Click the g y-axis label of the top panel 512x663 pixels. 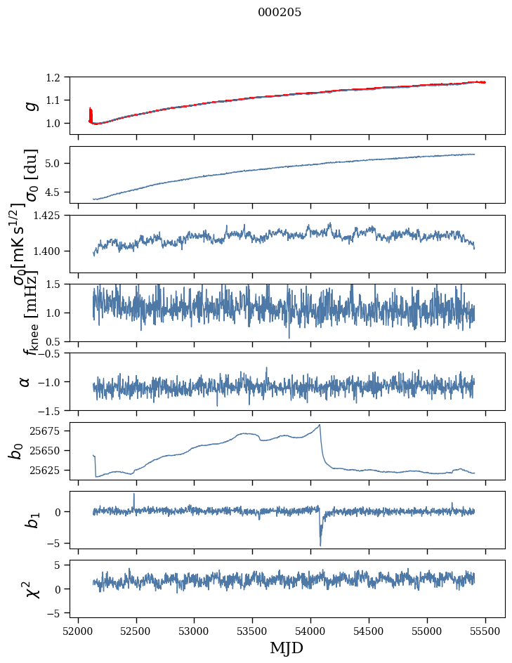[29, 105]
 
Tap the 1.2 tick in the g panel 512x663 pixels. [60, 77]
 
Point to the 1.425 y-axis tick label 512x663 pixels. [52, 216]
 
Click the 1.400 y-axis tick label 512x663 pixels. [52, 251]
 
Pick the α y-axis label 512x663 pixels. [25, 381]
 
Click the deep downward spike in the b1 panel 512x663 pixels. [320, 544]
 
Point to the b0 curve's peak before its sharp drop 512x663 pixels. [320, 425]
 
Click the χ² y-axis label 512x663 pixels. [31, 589]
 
